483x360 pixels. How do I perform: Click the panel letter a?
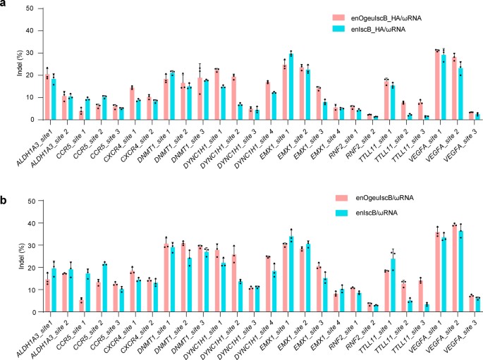click(x=5, y=5)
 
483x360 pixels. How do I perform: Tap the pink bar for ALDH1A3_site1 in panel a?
click(x=47, y=97)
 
